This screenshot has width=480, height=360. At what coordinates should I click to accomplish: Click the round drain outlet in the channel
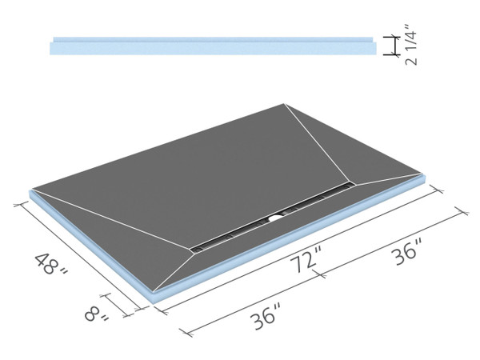[x=276, y=215]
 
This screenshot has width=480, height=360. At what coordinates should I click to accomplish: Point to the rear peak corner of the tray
[x=284, y=104]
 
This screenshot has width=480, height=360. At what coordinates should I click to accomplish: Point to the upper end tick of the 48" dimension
[x=16, y=205]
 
